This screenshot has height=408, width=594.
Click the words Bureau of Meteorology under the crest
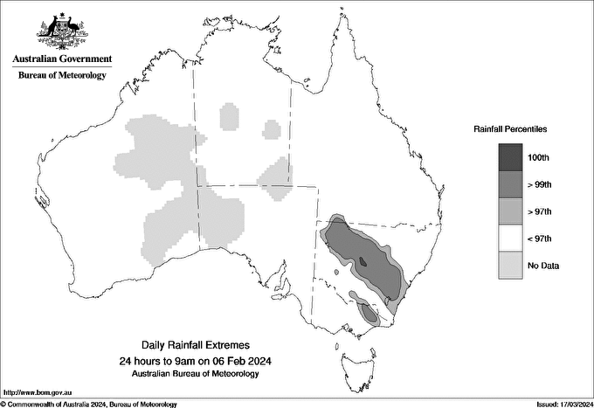62,75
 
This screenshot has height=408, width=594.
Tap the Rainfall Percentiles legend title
510,128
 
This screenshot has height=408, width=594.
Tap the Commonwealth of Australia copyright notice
89,404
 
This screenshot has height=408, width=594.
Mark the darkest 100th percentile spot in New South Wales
363,261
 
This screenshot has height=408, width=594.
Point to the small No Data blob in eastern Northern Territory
273,131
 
